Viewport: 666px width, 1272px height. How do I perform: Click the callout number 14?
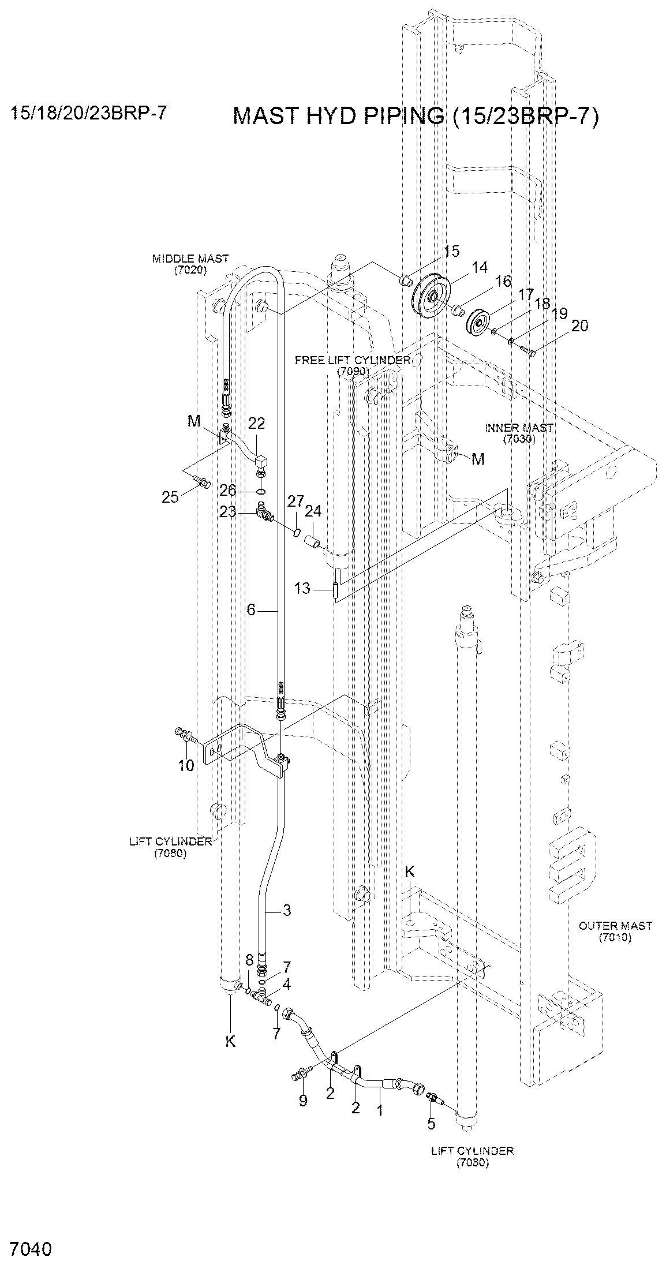[479, 268]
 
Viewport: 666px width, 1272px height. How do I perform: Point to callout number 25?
[170, 497]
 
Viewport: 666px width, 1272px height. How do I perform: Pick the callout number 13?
[302, 589]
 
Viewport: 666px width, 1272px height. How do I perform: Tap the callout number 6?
[251, 609]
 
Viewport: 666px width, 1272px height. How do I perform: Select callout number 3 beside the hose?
[287, 911]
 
